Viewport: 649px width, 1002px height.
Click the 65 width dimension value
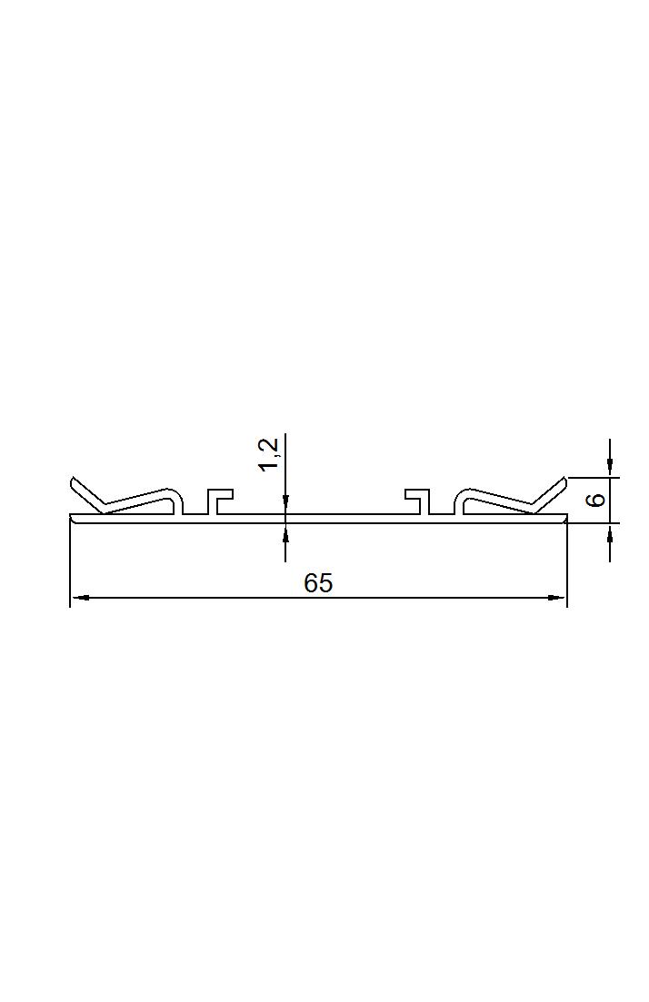[318, 583]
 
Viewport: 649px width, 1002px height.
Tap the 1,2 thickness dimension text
[269, 454]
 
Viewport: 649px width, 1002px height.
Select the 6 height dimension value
[595, 500]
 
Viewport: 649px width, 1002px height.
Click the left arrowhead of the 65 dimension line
[79, 598]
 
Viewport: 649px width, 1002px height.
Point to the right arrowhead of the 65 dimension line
[557, 598]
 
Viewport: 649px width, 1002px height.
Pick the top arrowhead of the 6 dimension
[610, 468]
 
